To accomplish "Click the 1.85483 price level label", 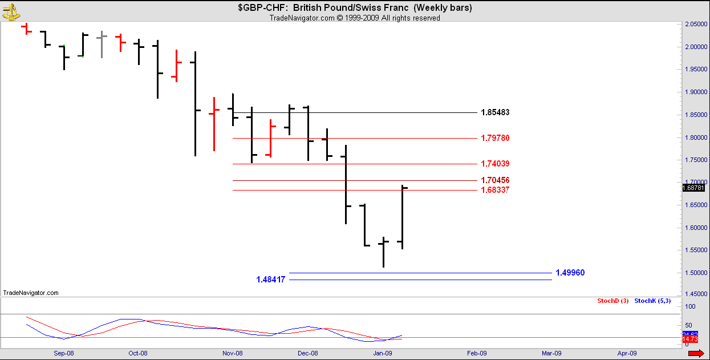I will (494, 112).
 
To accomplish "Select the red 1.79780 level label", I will (494, 138).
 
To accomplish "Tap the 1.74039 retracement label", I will (494, 164).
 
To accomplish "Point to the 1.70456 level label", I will (494, 180).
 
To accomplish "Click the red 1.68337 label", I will (494, 190).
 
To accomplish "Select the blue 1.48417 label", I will (271, 280).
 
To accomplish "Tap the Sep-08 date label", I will (64, 353).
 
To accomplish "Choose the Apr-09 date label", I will (627, 353).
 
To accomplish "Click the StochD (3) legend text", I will (612, 301).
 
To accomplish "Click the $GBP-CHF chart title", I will (354, 8).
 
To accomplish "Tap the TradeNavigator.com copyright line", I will (354, 18).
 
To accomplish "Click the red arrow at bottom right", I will (696, 354).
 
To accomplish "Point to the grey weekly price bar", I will (102, 44).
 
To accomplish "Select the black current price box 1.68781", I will (694, 188).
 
